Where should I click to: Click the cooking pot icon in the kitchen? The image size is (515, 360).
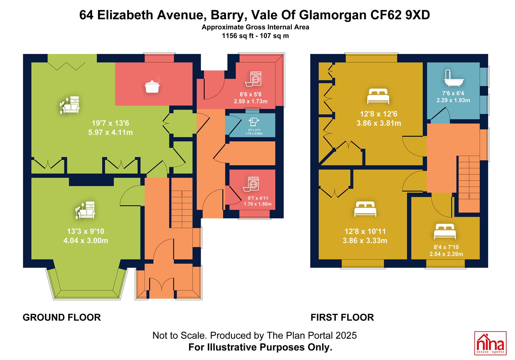152,85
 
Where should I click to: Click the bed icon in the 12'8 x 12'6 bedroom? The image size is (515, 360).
378,96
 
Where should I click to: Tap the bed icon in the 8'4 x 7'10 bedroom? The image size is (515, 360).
445,231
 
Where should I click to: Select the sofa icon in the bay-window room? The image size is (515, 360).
85,210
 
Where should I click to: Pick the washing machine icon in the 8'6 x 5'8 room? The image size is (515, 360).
254,79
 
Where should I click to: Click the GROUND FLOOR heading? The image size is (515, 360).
62,317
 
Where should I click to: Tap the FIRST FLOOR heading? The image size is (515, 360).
342,317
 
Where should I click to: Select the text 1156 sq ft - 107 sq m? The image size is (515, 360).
255,36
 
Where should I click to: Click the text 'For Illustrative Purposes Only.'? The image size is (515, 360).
260,347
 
